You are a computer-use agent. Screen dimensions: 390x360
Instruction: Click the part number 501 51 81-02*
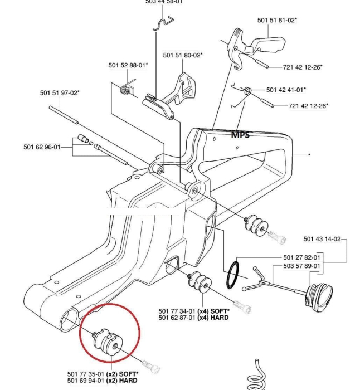click(277, 20)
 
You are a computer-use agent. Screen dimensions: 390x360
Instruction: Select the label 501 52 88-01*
click(128, 65)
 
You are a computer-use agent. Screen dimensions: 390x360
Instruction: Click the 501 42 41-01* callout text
click(286, 89)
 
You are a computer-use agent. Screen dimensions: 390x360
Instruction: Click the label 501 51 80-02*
click(183, 55)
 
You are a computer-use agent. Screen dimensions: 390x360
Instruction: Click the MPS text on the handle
click(240, 134)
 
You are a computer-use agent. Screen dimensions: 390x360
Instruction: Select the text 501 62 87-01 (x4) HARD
click(193, 318)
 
